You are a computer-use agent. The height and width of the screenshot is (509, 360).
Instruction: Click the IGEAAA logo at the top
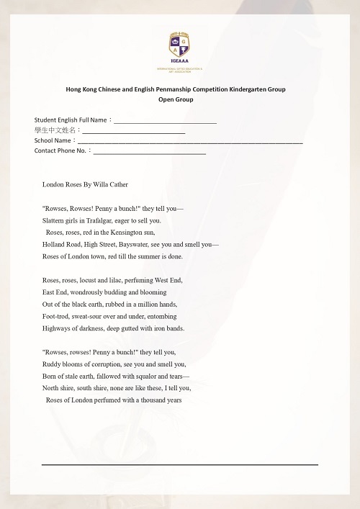(179, 48)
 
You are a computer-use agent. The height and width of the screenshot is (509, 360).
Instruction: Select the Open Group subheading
(176, 99)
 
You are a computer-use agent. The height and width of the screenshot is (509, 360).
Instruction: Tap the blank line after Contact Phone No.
(149, 151)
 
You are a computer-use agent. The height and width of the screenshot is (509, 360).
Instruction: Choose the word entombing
(158, 316)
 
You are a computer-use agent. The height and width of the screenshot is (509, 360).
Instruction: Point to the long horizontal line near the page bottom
(179, 465)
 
